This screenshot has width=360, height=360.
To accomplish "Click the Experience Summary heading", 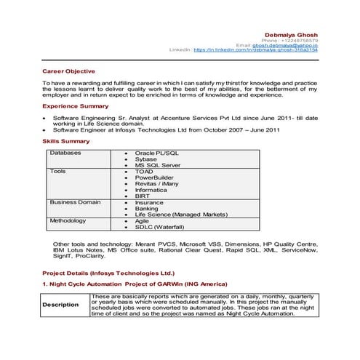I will coord(75,106).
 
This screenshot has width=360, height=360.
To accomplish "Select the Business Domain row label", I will coord(75,201).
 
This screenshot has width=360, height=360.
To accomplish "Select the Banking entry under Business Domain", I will coord(147,208).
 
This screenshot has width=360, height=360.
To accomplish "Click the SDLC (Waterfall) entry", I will coord(160,226).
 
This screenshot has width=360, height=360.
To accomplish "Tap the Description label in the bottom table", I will coord(60,305).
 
